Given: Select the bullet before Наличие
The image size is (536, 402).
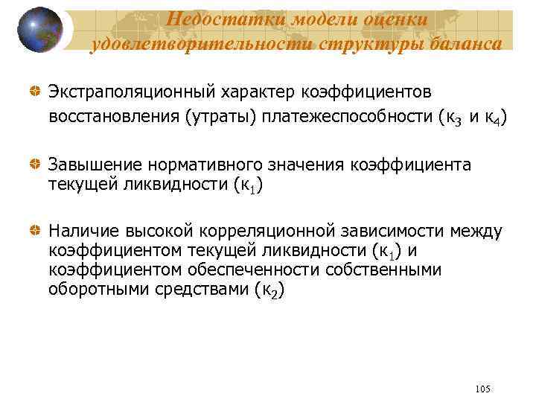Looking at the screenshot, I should click(x=35, y=232).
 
